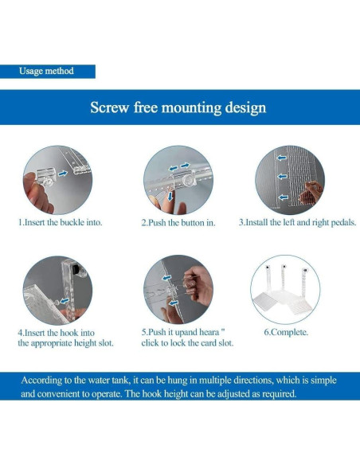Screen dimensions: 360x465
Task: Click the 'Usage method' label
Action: (46, 71)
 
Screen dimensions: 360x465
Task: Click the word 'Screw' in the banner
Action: (109, 107)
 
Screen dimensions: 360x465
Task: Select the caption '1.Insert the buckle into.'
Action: (61, 222)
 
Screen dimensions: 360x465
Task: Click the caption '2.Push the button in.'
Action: (178, 223)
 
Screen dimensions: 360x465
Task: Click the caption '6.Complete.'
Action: (286, 332)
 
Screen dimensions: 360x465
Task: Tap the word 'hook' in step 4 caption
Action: (69, 333)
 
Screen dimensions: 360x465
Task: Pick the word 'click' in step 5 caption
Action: (150, 343)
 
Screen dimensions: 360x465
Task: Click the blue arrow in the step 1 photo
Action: (63, 174)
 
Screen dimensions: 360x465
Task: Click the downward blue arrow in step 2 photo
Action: (170, 196)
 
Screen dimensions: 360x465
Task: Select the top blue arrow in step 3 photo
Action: (281, 158)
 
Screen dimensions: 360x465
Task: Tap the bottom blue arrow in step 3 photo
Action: (284, 197)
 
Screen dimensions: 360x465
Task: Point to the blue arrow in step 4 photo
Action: (65, 301)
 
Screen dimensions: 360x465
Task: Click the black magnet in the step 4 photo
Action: (76, 271)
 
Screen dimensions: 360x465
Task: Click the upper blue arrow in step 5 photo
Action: (166, 278)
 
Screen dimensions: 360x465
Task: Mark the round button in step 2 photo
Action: (187, 180)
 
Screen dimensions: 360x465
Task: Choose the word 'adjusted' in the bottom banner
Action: (233, 394)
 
